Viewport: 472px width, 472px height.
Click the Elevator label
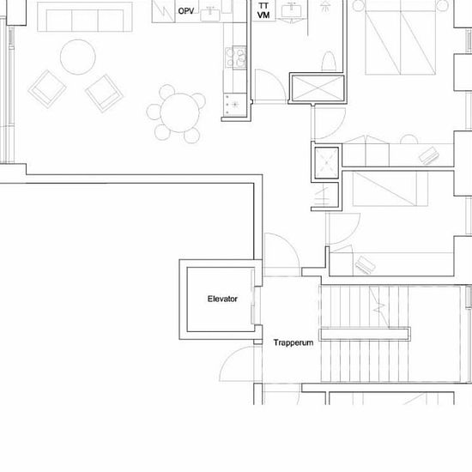point(222,299)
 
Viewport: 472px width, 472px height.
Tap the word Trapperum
point(293,343)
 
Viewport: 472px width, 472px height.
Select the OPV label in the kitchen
point(186,11)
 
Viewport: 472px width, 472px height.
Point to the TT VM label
point(263,10)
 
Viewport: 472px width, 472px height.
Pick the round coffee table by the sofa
point(78,57)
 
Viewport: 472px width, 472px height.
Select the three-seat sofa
point(85,17)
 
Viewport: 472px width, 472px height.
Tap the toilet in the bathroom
point(329,61)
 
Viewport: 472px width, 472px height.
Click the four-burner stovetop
point(236,57)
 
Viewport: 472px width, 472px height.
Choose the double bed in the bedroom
point(401,38)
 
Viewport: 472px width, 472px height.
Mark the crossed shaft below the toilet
point(318,88)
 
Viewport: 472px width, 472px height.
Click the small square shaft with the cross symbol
point(327,162)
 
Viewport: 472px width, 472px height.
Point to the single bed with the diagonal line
point(390,189)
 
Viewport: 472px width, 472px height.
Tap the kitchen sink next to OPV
point(210,14)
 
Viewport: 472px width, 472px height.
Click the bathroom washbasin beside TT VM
point(292,10)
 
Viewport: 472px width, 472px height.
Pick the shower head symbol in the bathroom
point(324,6)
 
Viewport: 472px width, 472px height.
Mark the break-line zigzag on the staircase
point(378,307)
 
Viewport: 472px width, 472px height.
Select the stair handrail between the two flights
point(365,334)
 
